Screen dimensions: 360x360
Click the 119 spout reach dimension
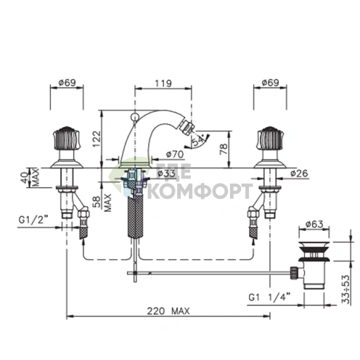(163, 83)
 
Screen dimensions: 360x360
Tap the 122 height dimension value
(97, 139)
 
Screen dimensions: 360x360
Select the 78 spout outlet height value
(224, 149)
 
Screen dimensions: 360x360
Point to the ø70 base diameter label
(175, 154)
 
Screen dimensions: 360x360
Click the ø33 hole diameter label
(166, 173)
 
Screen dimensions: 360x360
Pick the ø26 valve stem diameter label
(299, 173)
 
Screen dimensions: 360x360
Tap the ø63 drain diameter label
(314, 224)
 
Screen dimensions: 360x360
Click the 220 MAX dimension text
(168, 311)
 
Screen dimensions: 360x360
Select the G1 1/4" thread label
(269, 297)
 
